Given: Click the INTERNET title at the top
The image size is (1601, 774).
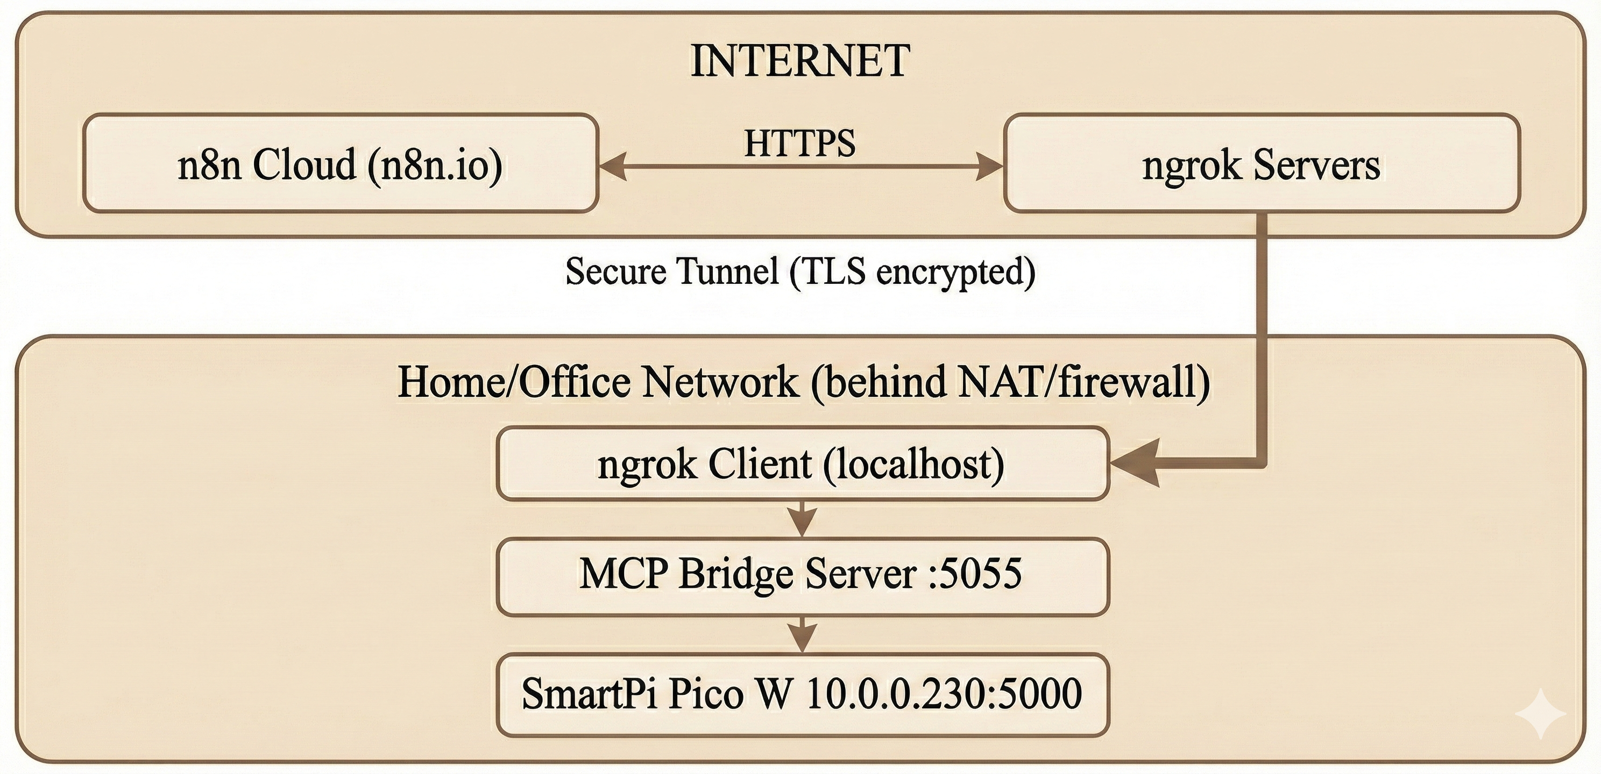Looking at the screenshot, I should coord(800,61).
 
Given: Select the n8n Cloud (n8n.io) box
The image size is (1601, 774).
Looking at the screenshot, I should coord(340,164).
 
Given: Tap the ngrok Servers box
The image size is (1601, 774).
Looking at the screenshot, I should coord(1261,164).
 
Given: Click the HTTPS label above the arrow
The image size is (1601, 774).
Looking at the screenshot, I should coord(799,143).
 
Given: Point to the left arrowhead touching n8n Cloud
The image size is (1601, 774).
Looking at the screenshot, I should coord(612,167).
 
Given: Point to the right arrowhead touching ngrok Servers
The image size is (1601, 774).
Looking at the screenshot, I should coord(989,167).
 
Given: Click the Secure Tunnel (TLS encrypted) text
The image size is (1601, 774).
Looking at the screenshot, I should coord(800,271).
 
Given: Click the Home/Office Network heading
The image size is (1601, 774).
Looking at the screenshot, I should coord(803,382).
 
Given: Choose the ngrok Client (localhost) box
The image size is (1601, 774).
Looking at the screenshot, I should coord(802,464).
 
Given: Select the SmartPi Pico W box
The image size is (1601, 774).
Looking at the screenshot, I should coord(802,694).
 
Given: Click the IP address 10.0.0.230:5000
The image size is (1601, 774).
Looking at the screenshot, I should coord(944,694).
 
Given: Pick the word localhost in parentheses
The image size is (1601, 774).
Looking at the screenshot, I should coord(913,464).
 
